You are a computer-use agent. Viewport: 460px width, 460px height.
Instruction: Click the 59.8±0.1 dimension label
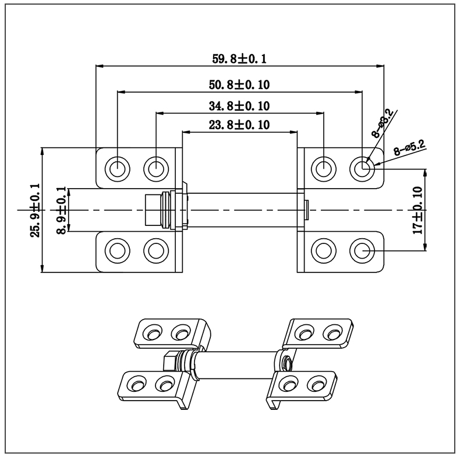coord(239,58)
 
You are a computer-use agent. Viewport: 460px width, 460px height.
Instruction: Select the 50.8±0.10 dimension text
coord(239,85)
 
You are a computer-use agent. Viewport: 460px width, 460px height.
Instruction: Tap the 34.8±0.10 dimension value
coord(239,106)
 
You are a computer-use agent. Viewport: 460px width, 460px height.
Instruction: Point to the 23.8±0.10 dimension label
coord(239,124)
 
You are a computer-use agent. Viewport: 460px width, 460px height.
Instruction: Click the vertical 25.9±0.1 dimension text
coord(35,210)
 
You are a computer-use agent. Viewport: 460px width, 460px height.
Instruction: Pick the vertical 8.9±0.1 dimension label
coord(62,210)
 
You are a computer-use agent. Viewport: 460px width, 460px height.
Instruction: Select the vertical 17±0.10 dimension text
coord(417,210)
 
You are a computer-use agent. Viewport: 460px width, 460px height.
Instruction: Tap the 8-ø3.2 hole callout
coord(383,123)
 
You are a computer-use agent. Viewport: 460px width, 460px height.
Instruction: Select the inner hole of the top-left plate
coord(155,168)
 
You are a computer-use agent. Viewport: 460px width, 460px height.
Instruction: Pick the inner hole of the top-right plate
coord(323,168)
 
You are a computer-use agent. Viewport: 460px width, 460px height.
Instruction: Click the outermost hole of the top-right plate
coord(362,168)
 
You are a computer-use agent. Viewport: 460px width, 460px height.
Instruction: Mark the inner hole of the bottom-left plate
coord(155,251)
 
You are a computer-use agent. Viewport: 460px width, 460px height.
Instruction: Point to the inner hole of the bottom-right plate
coord(323,251)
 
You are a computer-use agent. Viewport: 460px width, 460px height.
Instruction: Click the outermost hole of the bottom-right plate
coord(362,251)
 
